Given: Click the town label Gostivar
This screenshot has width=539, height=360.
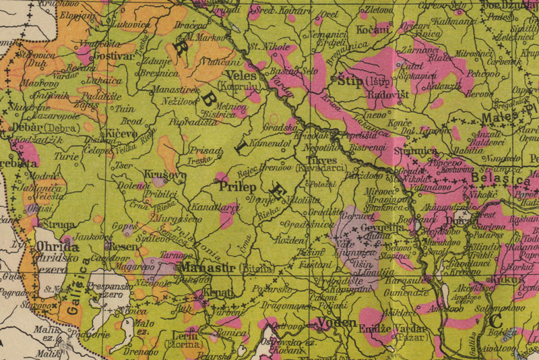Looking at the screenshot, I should (x=114, y=56).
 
